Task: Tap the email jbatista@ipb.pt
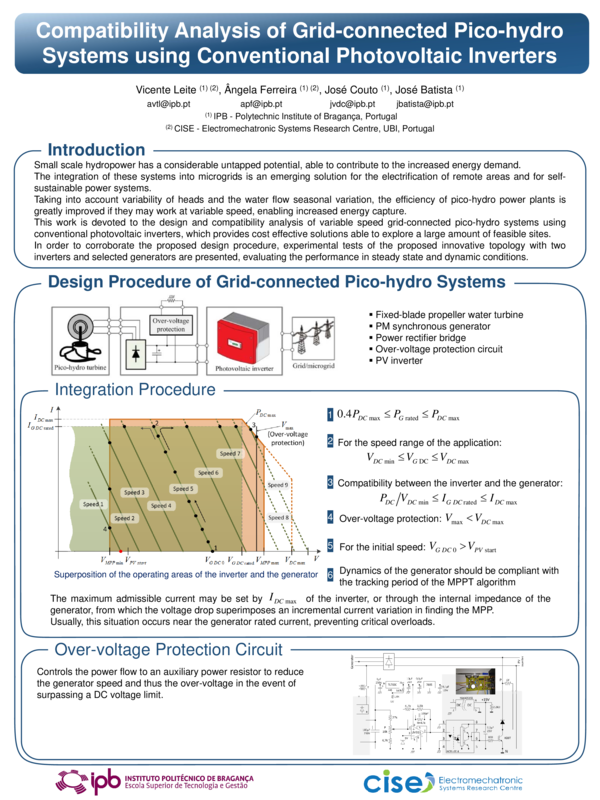[x=424, y=104]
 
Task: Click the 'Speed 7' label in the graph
[x=231, y=453]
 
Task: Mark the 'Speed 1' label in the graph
[x=92, y=503]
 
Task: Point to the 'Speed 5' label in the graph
[x=182, y=489]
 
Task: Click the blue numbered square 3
[x=330, y=483]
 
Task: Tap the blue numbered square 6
[x=330, y=574]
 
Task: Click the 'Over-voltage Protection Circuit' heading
[x=167, y=649]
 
